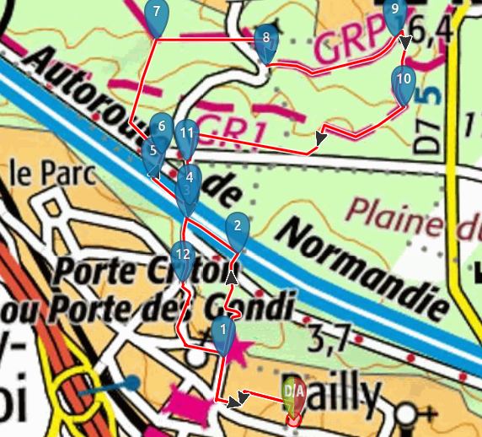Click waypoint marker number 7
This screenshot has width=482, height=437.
pos(156,15)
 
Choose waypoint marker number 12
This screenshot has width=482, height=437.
pos(181,256)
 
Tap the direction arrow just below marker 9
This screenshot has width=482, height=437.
pos(405,42)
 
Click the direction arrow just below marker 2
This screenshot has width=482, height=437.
pos(232,275)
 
